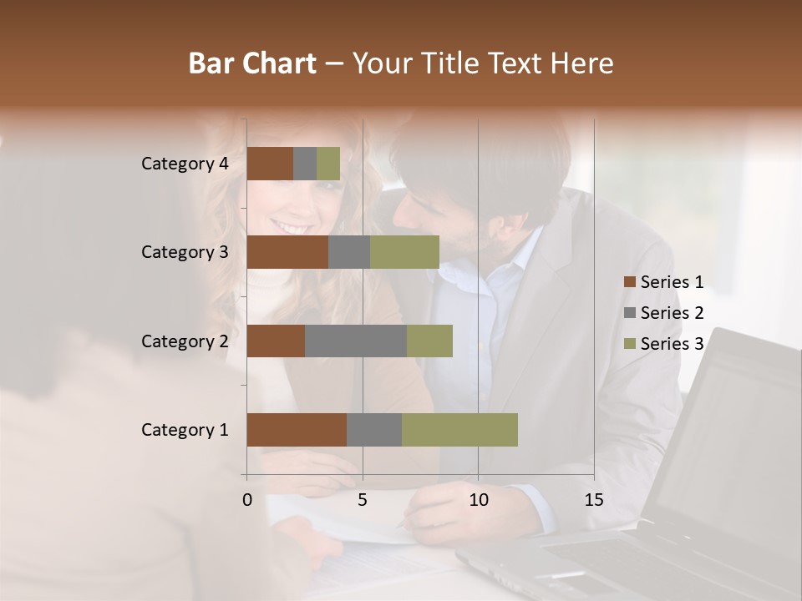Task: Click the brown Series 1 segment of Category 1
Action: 297,430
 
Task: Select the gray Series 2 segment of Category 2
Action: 356,341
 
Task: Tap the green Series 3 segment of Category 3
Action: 404,252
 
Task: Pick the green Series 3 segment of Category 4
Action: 328,164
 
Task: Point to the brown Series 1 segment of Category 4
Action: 270,164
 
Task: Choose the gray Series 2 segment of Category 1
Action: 374,430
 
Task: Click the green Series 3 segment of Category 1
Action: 459,430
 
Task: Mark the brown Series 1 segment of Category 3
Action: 287,252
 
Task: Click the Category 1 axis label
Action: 185,430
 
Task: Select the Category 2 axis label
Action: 185,341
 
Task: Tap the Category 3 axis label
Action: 185,252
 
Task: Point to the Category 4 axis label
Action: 185,164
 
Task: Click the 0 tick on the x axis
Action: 247,500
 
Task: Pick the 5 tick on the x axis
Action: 363,500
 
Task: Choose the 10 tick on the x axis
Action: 478,500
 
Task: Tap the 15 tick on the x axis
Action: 594,500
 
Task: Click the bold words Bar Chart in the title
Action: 252,63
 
